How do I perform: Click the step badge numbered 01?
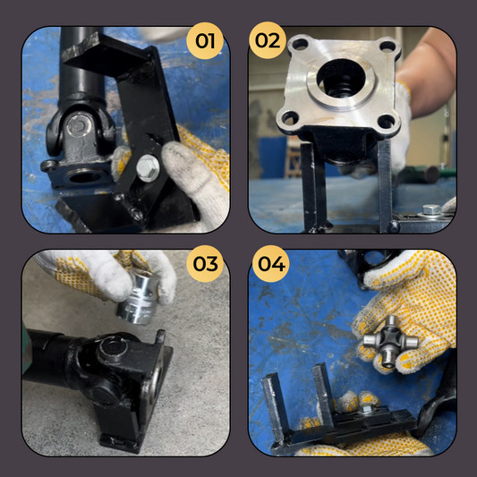(x=205, y=41)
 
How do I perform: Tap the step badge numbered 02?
(x=268, y=40)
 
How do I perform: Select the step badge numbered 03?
(x=205, y=264)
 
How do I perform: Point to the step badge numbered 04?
(x=271, y=264)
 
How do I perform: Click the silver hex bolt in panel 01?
(x=148, y=168)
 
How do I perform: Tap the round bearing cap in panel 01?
(x=79, y=124)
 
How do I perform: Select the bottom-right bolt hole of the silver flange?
(x=386, y=122)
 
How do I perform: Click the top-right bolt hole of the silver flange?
(x=388, y=47)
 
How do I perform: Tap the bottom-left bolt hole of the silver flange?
(x=290, y=118)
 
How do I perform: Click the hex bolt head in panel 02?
(x=431, y=209)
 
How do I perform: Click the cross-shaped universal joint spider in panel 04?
(x=390, y=341)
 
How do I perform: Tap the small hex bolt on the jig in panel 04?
(x=368, y=410)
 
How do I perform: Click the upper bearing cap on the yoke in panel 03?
(x=113, y=347)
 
